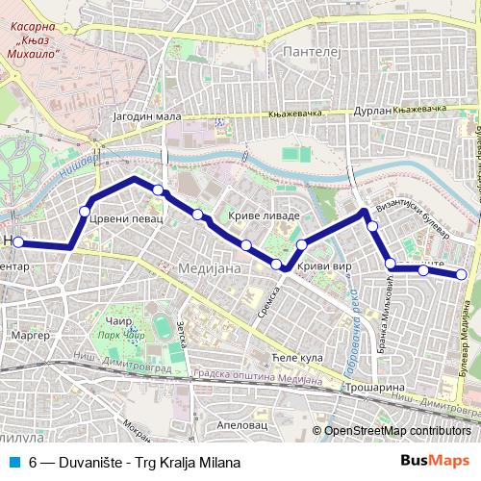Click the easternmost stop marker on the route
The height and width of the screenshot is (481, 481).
[x=462, y=275]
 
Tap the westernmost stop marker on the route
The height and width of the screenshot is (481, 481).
[x=18, y=242]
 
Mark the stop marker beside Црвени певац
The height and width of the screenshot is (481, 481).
[x=85, y=211]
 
